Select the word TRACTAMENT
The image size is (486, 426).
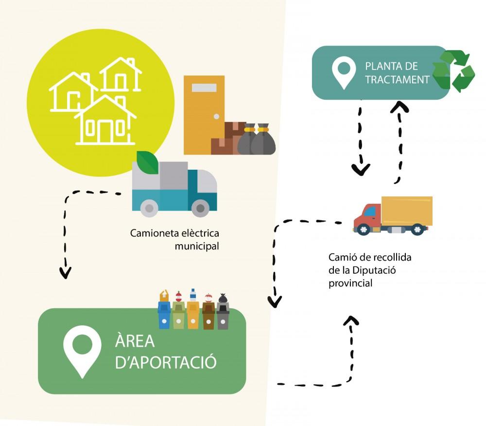point(398,79)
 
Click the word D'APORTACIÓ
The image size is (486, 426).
point(165,363)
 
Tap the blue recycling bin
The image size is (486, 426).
point(164,315)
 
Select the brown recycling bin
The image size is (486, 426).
point(208,315)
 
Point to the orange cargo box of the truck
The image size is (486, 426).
point(407,210)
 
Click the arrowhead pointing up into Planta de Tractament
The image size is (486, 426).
point(399,106)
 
